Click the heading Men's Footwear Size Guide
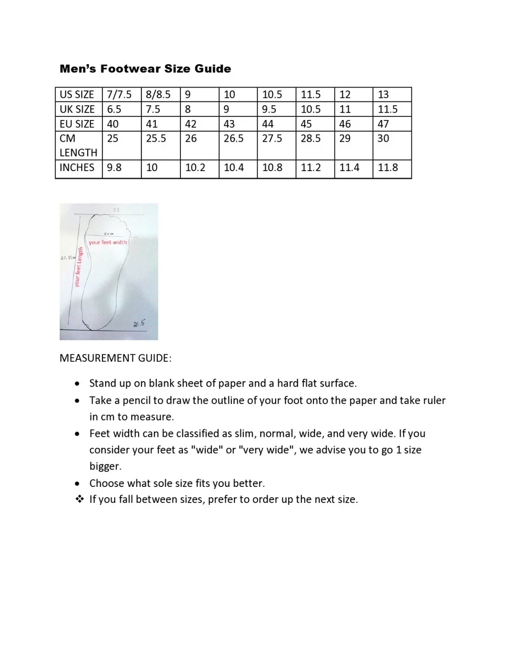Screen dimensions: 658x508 (x=145, y=69)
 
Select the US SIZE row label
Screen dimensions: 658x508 (x=77, y=94)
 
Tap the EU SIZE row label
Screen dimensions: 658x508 (x=77, y=124)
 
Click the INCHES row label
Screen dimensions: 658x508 (x=77, y=168)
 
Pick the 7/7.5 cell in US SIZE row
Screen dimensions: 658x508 (x=119, y=94)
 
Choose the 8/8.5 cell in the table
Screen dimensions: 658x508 (x=158, y=94)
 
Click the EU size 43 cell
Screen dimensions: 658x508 (x=229, y=124)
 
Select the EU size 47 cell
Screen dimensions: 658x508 (x=383, y=124)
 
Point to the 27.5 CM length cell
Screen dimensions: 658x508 (x=272, y=139)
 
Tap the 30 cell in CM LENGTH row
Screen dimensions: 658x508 (x=383, y=139)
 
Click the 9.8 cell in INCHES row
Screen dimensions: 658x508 (x=114, y=168)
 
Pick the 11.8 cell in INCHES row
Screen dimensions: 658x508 (x=387, y=168)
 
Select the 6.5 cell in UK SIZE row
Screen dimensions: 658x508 (x=114, y=109)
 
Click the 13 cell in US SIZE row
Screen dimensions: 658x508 (x=383, y=94)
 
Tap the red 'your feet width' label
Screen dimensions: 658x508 (x=107, y=242)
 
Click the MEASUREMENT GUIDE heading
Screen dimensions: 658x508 (x=115, y=358)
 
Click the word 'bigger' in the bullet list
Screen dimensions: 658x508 (x=105, y=467)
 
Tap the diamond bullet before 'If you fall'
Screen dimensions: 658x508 (x=79, y=499)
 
